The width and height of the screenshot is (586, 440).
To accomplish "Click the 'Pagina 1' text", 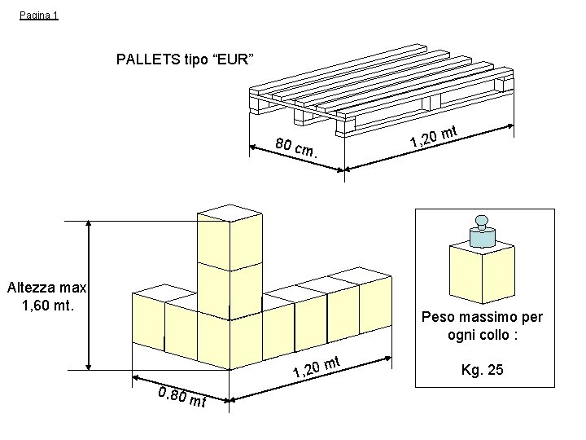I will [39, 15].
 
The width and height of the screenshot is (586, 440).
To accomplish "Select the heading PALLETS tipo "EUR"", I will [186, 59].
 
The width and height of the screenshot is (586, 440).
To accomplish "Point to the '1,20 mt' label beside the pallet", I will [436, 137].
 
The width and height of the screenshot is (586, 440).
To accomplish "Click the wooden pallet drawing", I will [383, 89].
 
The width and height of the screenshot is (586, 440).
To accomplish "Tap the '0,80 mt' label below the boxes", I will [183, 398].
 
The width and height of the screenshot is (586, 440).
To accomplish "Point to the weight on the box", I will [483, 233].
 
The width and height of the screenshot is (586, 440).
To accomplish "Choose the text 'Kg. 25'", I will [483, 370].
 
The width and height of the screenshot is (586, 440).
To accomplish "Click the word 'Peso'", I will [439, 317].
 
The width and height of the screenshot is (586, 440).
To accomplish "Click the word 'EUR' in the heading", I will [235, 59].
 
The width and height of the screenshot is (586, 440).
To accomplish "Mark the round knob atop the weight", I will [483, 221].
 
